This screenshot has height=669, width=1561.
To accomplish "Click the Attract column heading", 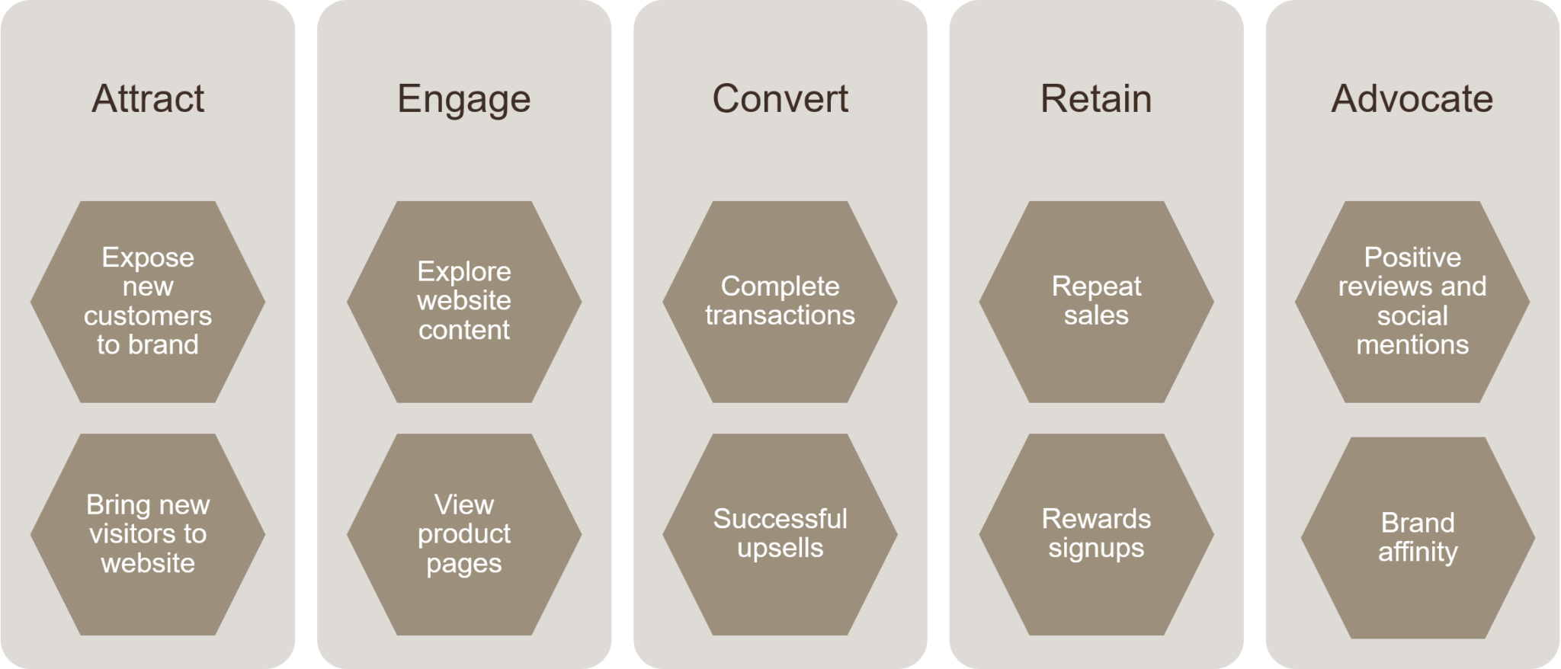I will pyautogui.click(x=148, y=99).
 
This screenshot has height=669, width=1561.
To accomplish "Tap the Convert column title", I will pyautogui.click(x=780, y=99).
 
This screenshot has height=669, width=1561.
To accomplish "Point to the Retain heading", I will pyautogui.click(x=1096, y=99).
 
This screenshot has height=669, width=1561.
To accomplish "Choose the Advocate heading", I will pyautogui.click(x=1412, y=99).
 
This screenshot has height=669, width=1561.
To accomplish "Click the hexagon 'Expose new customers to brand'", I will pyautogui.click(x=148, y=302).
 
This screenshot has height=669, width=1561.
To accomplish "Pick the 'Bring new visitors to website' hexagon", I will pyautogui.click(x=148, y=534).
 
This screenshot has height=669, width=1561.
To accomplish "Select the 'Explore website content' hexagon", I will pyautogui.click(x=463, y=302).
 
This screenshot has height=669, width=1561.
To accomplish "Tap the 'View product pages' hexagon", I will pyautogui.click(x=463, y=534).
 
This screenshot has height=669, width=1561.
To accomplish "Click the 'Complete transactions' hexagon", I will pyautogui.click(x=780, y=302).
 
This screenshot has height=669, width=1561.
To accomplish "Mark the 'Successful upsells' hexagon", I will pyautogui.click(x=780, y=534).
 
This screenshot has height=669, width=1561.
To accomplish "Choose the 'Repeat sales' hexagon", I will pyautogui.click(x=1096, y=302).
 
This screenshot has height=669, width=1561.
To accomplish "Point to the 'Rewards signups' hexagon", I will pyautogui.click(x=1096, y=534).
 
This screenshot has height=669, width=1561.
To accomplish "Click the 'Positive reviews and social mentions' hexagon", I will pyautogui.click(x=1412, y=302).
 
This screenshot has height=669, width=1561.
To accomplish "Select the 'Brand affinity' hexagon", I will pyautogui.click(x=1417, y=537).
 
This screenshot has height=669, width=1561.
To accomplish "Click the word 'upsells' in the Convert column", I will pyautogui.click(x=780, y=549).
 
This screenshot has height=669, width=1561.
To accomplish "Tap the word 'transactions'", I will pyautogui.click(x=780, y=315).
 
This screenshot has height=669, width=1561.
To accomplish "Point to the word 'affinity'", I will pyautogui.click(x=1417, y=552).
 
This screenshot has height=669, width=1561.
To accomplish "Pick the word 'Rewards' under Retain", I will pyautogui.click(x=1096, y=519).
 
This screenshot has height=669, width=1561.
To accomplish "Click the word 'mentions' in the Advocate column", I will pyautogui.click(x=1412, y=345).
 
